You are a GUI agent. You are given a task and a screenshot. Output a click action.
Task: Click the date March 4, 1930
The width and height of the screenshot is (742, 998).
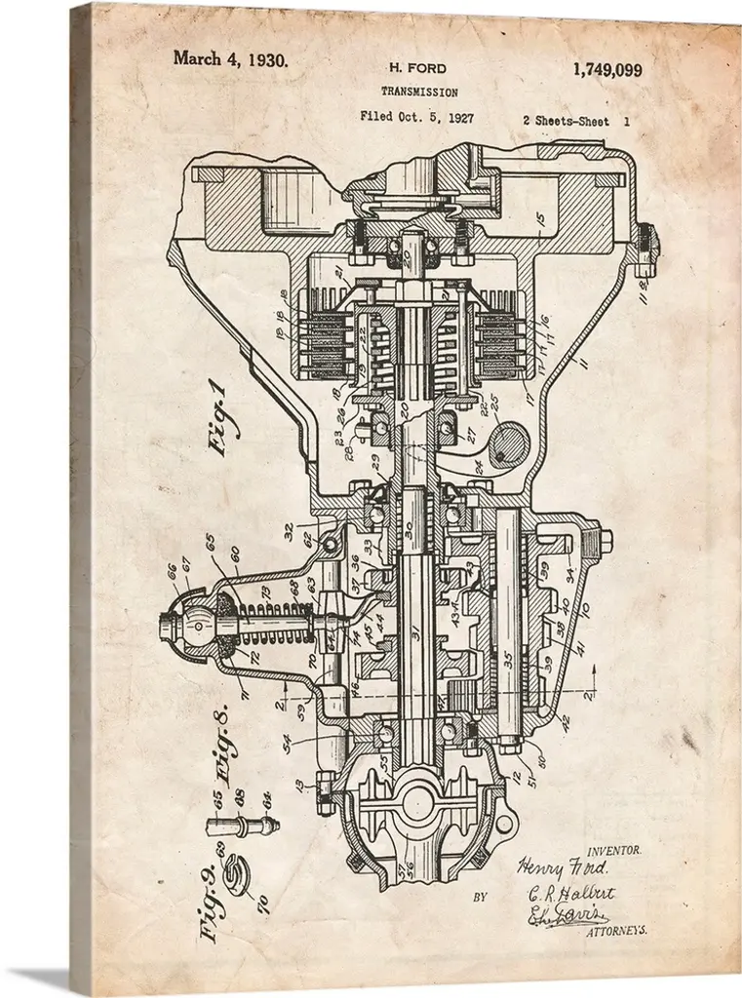(230, 58)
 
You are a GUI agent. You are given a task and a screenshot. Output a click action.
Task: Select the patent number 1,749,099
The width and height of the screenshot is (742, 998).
(606, 69)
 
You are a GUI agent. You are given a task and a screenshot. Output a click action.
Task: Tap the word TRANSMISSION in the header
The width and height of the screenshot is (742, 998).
(419, 92)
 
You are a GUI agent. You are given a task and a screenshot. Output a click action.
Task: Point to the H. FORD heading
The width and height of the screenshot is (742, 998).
(417, 68)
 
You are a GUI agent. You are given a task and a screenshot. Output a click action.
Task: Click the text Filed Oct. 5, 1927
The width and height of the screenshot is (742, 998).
(416, 117)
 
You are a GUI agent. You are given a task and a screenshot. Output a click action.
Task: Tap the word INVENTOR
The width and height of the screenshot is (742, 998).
(613, 850)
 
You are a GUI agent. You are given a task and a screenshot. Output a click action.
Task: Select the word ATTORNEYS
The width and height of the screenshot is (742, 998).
(616, 931)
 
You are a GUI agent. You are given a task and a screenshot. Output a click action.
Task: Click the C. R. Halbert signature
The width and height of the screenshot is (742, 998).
(571, 892)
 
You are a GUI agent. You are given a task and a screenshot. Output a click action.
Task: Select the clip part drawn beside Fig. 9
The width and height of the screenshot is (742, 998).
(237, 875)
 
